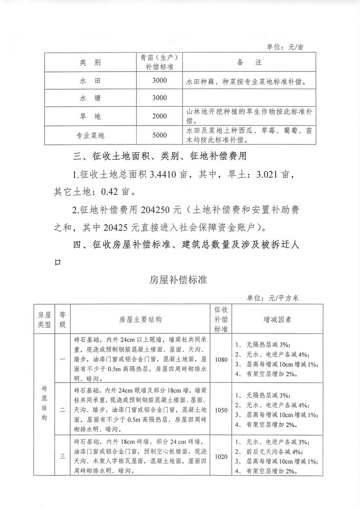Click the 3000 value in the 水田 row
click(159, 81)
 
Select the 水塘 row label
click(92, 98)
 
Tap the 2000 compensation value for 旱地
click(159, 116)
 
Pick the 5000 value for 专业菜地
click(159, 135)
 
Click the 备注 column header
click(248, 62)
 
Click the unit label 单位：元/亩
click(285, 47)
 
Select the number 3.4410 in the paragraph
click(162, 174)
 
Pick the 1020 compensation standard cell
click(221, 456)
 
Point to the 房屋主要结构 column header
click(140, 319)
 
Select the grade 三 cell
click(63, 456)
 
